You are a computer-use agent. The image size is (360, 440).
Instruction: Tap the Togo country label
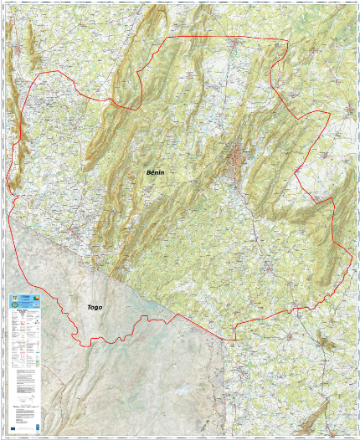pyautogui.click(x=95, y=308)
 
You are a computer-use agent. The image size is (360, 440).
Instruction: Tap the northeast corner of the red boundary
pyautogui.click(x=287, y=40)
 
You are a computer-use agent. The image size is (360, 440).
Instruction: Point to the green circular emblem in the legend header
pyautogui.click(x=13, y=299)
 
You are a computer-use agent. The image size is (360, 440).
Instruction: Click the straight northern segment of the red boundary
pyautogui.click(x=226, y=38)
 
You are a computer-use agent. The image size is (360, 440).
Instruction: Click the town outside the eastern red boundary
pyautogui.click(x=346, y=112)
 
